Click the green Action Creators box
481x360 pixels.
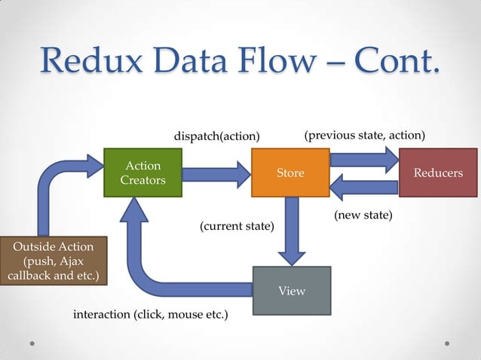coord(142,173)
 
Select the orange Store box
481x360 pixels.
coord(290,173)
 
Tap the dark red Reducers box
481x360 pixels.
coord(438,173)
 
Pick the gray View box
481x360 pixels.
coord(292,291)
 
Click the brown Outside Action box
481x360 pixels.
coord(54,261)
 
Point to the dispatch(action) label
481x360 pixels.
coord(217,136)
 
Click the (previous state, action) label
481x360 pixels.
coord(365,136)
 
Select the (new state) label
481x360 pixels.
coord(363,215)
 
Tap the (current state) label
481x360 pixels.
coord(237,226)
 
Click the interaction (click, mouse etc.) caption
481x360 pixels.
coord(150,313)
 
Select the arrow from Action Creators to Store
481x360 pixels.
coord(216,174)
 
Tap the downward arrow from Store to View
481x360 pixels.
coord(290,230)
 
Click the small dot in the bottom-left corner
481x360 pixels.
coord(33,343)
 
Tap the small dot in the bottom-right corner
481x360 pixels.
coord(447,343)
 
